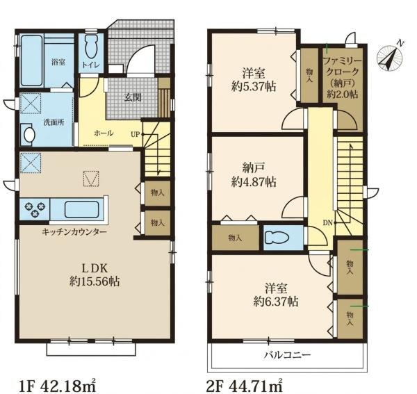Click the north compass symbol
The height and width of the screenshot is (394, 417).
[x=390, y=58]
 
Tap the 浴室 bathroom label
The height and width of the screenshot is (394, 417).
[x=59, y=63]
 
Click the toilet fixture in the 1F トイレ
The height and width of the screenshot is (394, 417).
[x=92, y=47]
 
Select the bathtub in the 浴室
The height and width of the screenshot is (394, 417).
[x=32, y=61]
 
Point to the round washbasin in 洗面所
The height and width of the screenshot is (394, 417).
[x=29, y=135]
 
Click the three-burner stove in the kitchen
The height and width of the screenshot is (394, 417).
[x=34, y=208]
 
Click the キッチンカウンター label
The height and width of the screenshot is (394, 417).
[x=74, y=232]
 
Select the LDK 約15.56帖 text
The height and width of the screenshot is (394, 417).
[x=95, y=275]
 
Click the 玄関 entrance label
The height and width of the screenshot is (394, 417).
[x=133, y=98]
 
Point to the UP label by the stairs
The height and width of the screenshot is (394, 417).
[x=135, y=135]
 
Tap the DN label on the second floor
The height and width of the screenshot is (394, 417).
[x=327, y=223]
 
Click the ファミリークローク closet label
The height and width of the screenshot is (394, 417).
[x=342, y=78]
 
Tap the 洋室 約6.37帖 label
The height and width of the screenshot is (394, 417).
[x=275, y=295]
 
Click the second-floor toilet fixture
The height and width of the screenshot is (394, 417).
[x=277, y=238]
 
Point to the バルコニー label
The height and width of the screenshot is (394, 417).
[x=288, y=355]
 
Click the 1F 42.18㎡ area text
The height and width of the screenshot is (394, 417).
[x=57, y=386]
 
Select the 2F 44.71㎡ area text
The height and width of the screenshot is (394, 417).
[x=244, y=386]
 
